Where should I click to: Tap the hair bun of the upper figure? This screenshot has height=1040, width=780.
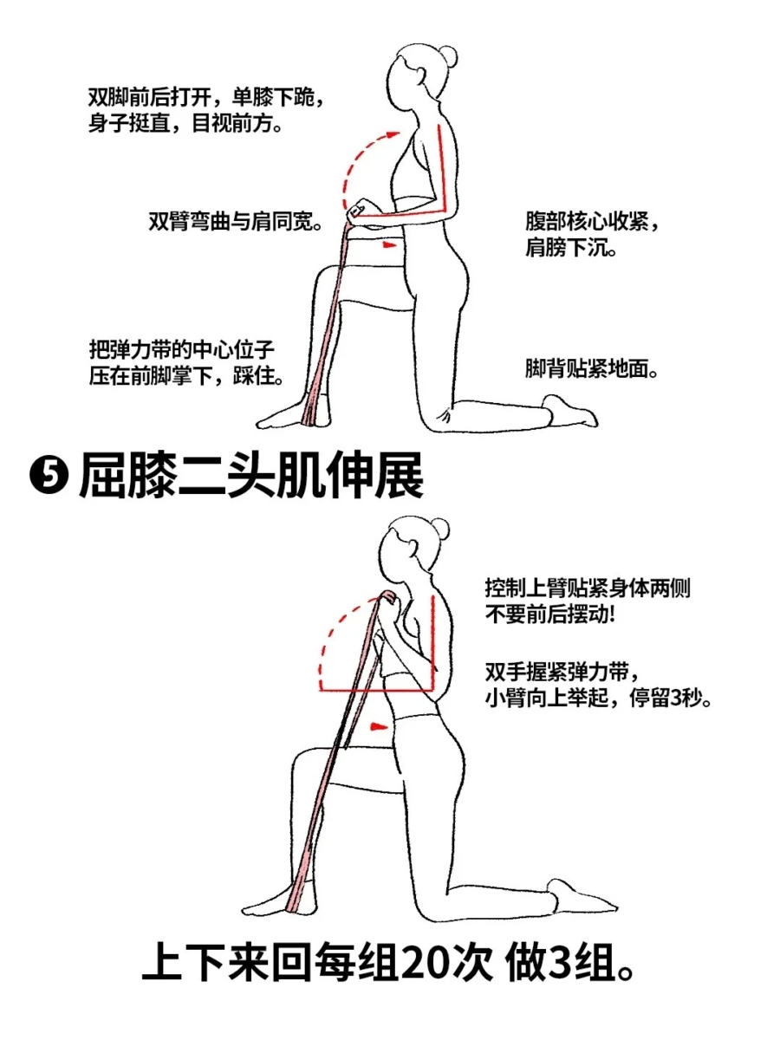tap(448, 56)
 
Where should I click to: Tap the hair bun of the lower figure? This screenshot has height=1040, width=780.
tap(439, 529)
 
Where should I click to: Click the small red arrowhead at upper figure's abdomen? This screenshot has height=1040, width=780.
tap(390, 245)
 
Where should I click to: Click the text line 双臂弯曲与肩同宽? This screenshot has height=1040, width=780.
tap(236, 221)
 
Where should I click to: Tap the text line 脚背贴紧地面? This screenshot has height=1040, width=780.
tap(592, 368)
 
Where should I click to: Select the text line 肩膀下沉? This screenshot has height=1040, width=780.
tap(571, 246)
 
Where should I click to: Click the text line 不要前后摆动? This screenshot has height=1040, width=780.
tap(549, 615)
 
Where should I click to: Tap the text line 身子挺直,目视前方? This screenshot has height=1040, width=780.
tap(185, 124)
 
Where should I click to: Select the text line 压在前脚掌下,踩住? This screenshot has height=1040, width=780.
tap(186, 377)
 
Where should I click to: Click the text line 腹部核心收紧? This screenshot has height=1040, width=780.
tap(592, 221)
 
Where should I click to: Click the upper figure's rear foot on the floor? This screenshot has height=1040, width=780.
tap(569, 411)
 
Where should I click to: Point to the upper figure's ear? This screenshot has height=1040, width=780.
tap(420, 75)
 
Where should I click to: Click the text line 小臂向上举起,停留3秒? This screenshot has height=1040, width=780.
tap(599, 699)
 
